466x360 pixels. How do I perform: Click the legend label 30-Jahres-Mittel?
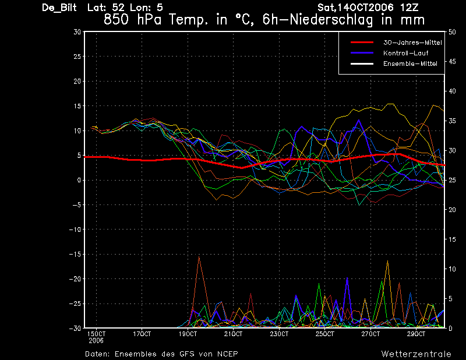coord(412,43)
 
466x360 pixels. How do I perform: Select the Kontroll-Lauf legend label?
coord(405,53)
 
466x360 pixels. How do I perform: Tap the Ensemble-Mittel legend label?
coord(410,63)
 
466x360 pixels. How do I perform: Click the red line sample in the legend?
coord(362,43)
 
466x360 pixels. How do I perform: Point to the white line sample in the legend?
coord(362,63)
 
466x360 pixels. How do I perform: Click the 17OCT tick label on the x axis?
coord(142,334)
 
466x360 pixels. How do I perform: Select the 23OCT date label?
coord(279,334)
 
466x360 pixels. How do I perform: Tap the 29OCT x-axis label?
coord(416,334)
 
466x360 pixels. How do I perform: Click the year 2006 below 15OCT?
coord(96,341)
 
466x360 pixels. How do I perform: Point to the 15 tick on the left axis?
coord(77,106)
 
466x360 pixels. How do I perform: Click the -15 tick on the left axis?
coord(75,254)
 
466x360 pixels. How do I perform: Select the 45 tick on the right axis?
coord(452,62)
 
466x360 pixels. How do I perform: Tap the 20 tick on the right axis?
coord(452,210)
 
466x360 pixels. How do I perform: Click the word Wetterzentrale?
coord(416,354)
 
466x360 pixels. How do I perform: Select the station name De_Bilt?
coord(59,8)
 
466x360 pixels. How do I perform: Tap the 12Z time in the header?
coord(409,8)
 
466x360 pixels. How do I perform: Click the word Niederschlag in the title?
coord(331,20)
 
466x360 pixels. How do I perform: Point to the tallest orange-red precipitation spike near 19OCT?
coord(199,257)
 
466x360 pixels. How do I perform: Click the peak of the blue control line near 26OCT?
coord(359,120)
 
